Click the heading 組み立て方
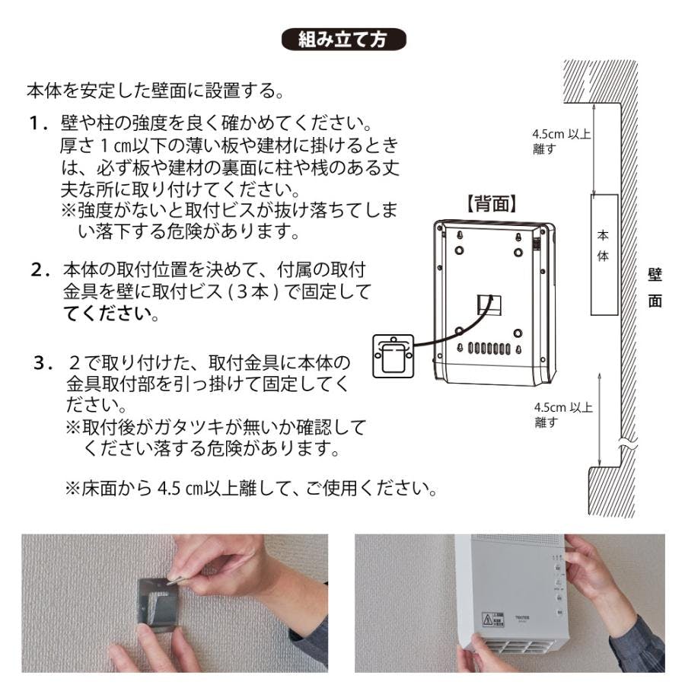(x=344, y=39)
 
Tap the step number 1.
(x=36, y=123)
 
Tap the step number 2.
(x=37, y=269)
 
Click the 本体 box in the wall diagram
(x=603, y=253)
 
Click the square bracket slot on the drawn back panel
(x=488, y=303)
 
